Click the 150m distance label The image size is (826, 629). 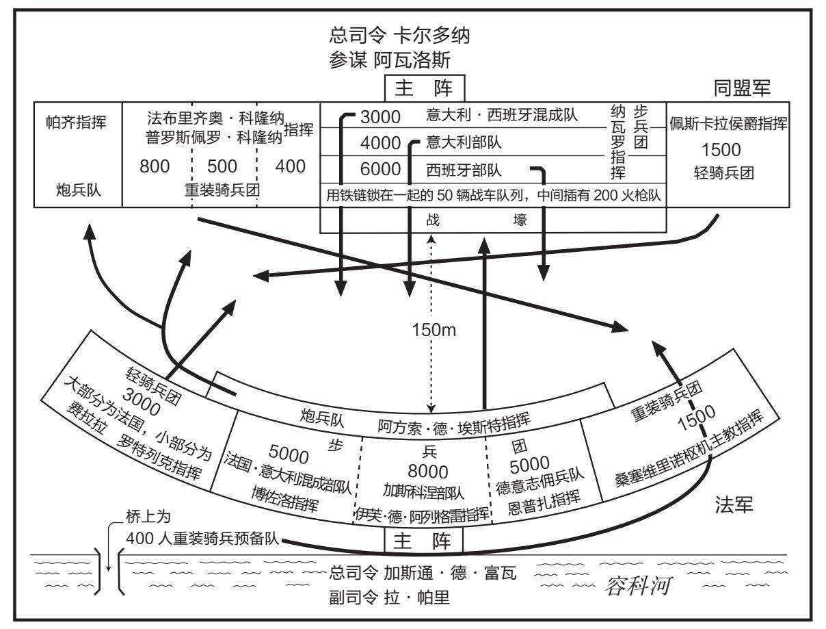(x=434, y=331)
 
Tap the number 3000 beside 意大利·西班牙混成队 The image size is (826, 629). (x=380, y=117)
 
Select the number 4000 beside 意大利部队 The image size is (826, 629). (x=380, y=143)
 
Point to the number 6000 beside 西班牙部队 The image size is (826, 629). (x=380, y=169)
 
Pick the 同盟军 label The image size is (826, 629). (x=742, y=88)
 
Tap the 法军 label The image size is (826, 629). (x=734, y=504)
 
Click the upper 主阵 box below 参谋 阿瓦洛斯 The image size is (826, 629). (x=425, y=88)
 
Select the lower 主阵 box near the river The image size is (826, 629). (x=423, y=541)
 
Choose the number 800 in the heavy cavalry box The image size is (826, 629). (x=155, y=166)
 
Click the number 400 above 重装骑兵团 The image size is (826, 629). (x=290, y=166)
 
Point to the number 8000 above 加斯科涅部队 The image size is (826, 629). (x=428, y=472)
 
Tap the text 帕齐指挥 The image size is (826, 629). (x=76, y=123)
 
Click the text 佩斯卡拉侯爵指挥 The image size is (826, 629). (x=728, y=123)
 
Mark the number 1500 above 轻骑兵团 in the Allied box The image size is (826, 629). (x=721, y=150)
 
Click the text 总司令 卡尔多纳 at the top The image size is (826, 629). (x=399, y=36)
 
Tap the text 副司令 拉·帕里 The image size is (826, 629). (x=390, y=598)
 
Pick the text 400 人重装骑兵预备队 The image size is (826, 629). (x=202, y=539)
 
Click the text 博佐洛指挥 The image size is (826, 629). (x=285, y=500)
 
